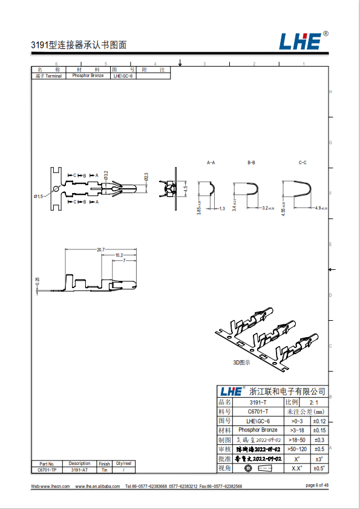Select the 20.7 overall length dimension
[x=100, y=249]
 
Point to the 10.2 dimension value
[x=119, y=255]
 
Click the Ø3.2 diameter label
[x=106, y=175]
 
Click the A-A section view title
[x=211, y=163]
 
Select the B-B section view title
[x=252, y=163]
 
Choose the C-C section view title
[x=303, y=163]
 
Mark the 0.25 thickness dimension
[x=38, y=281]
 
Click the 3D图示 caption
[x=241, y=363]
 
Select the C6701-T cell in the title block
[x=258, y=412]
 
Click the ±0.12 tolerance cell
[x=319, y=421]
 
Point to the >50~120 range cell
[x=297, y=449]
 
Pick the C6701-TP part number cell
[x=47, y=470]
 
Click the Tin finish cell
[x=104, y=470]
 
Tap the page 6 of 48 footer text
[x=317, y=485]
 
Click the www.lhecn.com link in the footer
[x=55, y=486]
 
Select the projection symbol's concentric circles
[x=248, y=468]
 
